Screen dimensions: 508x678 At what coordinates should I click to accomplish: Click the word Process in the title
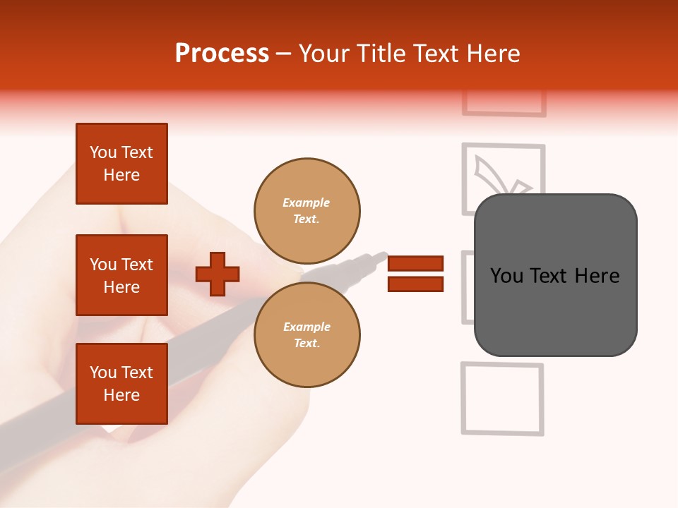(222, 54)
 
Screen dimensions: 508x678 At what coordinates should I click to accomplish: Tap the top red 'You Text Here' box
(121, 164)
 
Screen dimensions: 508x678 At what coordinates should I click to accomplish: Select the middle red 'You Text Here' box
(121, 275)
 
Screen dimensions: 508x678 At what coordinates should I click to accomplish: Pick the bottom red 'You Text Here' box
(121, 384)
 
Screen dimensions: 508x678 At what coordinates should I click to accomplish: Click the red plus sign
(218, 274)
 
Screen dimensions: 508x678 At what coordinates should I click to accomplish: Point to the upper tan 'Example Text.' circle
(307, 210)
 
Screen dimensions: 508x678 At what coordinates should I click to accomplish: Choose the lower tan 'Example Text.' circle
(307, 334)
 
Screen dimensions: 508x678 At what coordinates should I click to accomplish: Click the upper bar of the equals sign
(416, 263)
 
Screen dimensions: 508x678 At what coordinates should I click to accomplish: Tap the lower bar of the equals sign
(416, 284)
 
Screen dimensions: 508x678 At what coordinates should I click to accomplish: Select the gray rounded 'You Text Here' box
(555, 275)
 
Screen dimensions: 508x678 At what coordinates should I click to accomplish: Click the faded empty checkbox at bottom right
(502, 399)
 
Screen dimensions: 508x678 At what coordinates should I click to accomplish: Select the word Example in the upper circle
(306, 202)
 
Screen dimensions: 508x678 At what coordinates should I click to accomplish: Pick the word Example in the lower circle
(307, 327)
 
